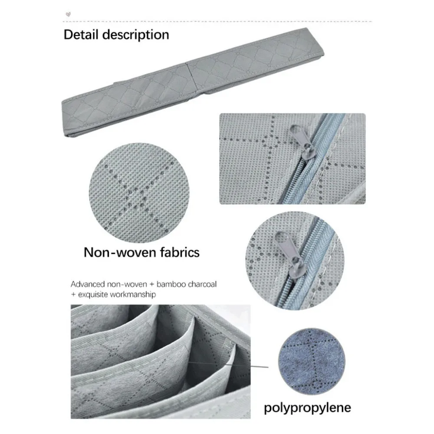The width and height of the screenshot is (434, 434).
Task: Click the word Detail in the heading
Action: coord(81,35)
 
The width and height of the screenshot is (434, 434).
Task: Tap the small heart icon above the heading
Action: coord(69,14)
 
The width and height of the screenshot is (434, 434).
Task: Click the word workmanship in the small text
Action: coord(133,295)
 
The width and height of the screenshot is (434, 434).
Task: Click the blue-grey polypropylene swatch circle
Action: coord(312,362)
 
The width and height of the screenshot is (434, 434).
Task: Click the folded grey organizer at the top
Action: coord(193,82)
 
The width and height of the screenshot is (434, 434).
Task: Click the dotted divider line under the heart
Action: coord(217,21)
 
